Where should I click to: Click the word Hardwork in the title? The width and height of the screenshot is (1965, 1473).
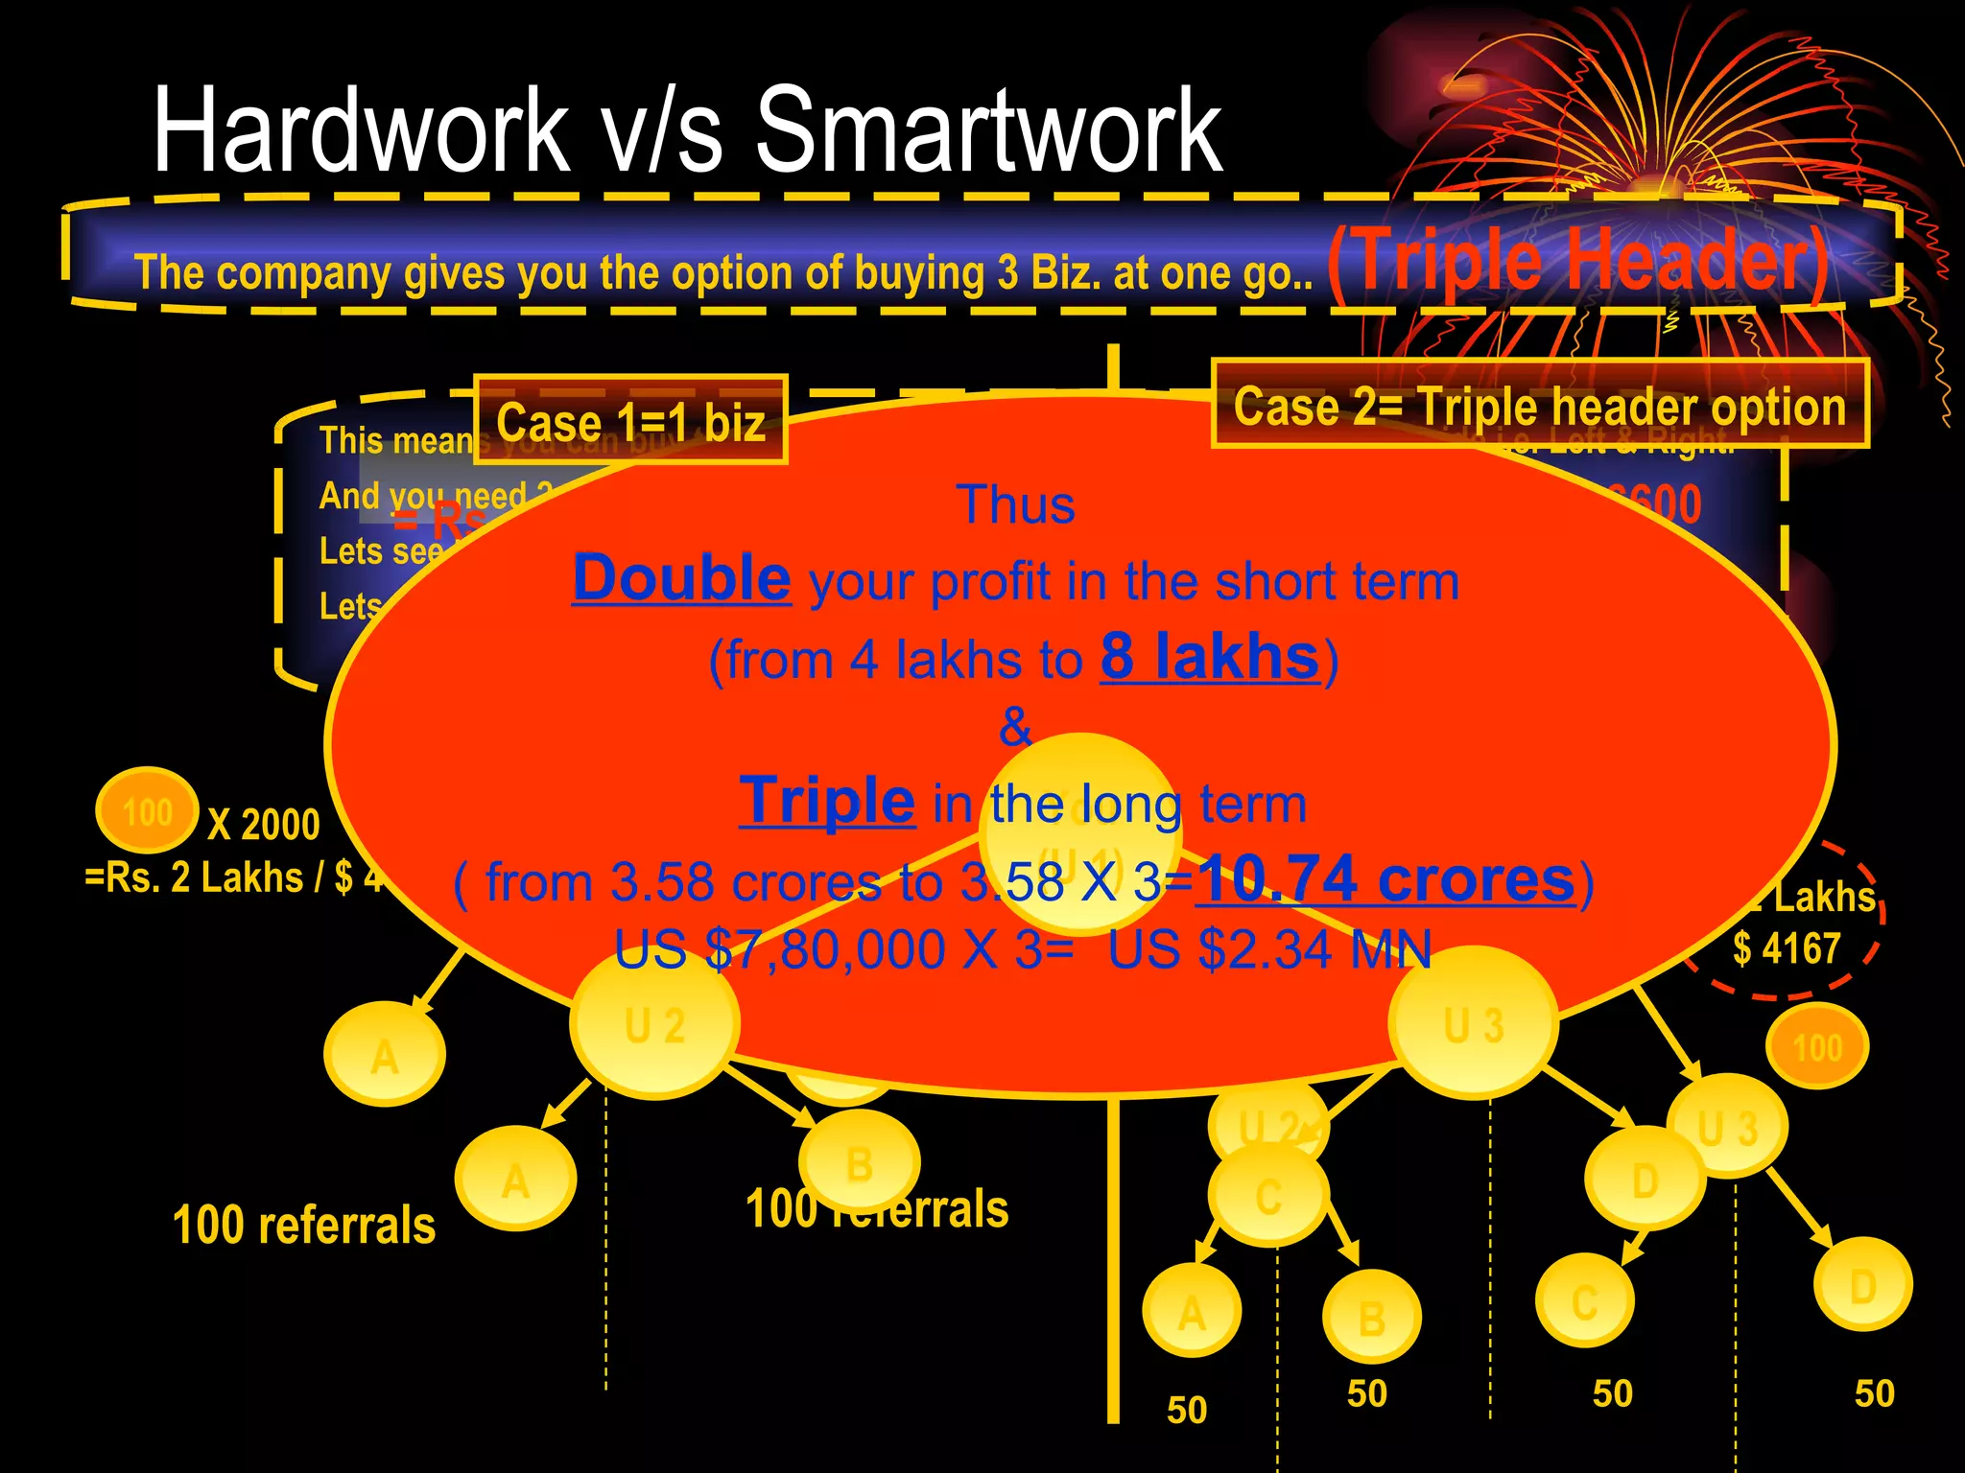[361, 129]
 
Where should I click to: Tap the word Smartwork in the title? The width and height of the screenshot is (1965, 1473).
[988, 129]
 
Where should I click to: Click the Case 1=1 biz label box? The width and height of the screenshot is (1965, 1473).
[630, 421]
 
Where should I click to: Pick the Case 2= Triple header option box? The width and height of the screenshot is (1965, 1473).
[1539, 405]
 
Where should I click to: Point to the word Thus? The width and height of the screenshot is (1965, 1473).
[1015, 504]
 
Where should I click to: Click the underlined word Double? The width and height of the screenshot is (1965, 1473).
[681, 578]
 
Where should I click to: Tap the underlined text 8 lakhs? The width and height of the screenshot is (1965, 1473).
[1209, 657]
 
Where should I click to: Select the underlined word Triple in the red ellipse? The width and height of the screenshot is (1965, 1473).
[826, 801]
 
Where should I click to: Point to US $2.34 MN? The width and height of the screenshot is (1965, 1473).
[1268, 949]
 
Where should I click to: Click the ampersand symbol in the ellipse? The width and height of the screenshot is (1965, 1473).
[1015, 726]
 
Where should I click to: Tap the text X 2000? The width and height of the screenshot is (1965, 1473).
[263, 825]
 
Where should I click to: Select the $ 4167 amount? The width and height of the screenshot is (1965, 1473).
[1786, 948]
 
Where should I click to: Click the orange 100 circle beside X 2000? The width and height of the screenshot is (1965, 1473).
[147, 811]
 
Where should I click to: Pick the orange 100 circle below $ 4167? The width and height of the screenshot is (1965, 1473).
[1816, 1046]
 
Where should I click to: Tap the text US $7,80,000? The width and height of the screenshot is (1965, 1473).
[779, 949]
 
